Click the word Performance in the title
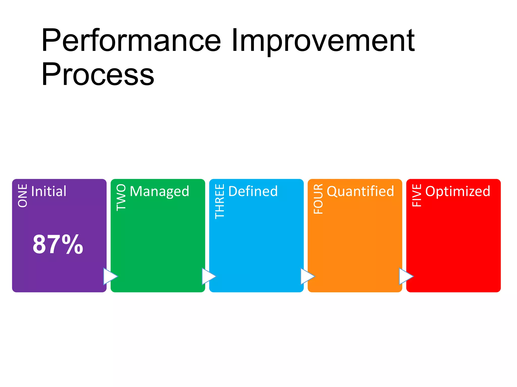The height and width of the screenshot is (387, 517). (131, 41)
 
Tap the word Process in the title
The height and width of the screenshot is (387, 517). (98, 75)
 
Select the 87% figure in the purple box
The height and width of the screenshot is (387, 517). (58, 244)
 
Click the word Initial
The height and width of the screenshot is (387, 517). (49, 191)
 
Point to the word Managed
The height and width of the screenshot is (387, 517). (159, 191)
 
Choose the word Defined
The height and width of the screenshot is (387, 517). (253, 191)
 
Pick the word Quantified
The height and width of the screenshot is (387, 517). (360, 191)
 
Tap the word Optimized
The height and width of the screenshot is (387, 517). (458, 191)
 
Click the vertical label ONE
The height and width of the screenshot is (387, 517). (23, 196)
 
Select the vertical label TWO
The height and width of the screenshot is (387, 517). (121, 197)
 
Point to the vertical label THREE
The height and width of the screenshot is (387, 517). (220, 201)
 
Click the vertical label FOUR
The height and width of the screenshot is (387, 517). (318, 199)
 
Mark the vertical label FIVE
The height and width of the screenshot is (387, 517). (417, 195)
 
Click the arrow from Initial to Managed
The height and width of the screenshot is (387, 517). (110, 276)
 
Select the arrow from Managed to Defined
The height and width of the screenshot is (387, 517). (208, 276)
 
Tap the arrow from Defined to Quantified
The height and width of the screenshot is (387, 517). (307, 276)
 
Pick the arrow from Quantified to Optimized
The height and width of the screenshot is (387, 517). (405, 276)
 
